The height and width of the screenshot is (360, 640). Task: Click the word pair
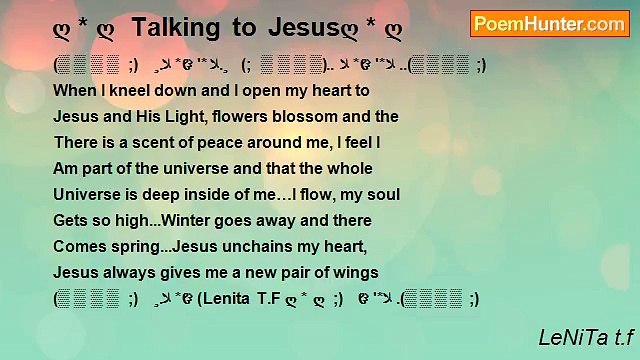[x=278, y=273]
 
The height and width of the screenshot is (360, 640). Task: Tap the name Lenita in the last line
[x=228, y=299]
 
